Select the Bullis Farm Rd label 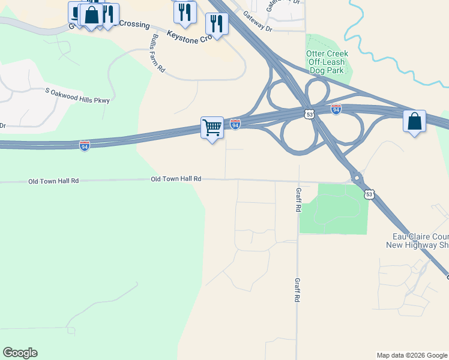click(x=158, y=53)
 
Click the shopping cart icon click(x=212, y=128)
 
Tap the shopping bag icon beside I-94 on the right click(x=414, y=121)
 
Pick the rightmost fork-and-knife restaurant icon click(x=216, y=24)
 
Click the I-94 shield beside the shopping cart click(x=235, y=124)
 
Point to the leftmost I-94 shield click(x=85, y=146)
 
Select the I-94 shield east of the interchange click(x=336, y=109)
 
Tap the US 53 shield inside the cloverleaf click(x=310, y=113)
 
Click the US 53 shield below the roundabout click(x=369, y=194)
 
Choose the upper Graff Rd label click(x=298, y=200)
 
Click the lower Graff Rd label click(x=297, y=289)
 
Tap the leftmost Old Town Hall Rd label click(x=54, y=181)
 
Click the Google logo click(x=20, y=353)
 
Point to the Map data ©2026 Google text click(x=412, y=355)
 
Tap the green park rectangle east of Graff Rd click(x=334, y=209)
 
